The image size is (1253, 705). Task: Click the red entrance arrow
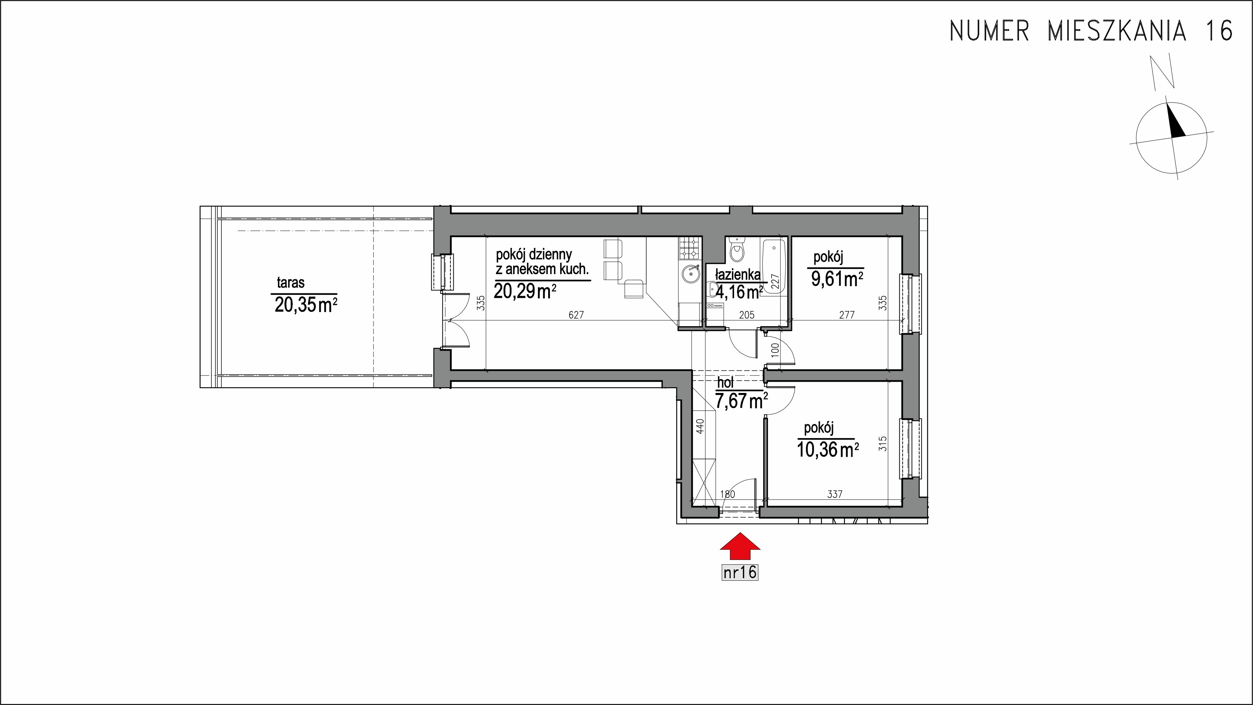tap(740, 547)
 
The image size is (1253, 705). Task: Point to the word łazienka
tap(737, 275)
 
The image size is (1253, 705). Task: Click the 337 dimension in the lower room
tap(834, 494)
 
